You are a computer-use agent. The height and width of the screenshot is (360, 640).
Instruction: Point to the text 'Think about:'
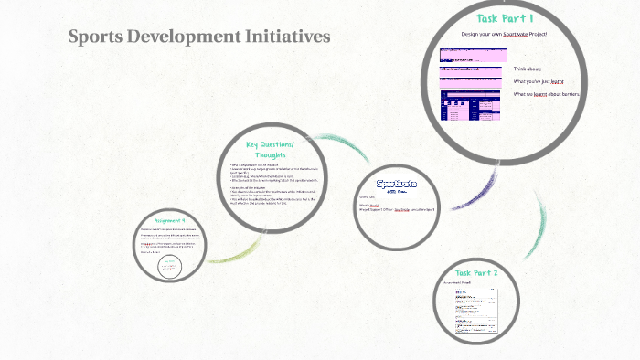coord(528,69)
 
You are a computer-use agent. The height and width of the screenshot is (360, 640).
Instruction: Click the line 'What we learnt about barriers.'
coord(546,93)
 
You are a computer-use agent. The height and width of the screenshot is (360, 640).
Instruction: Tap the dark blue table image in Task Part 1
coord(470,106)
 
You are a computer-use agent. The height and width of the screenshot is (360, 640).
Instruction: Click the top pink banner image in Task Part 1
coord(472,55)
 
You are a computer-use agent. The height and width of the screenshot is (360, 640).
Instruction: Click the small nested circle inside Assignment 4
coord(169,266)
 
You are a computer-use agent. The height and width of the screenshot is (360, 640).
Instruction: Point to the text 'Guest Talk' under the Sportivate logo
coord(368,196)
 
